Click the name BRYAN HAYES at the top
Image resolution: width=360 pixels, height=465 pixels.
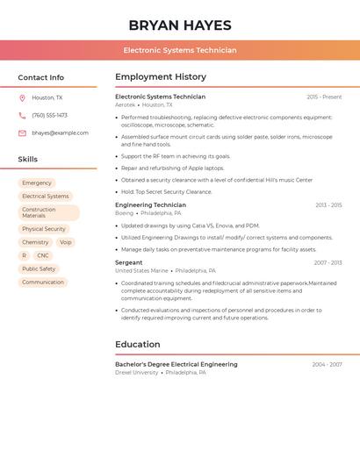(x=180, y=25)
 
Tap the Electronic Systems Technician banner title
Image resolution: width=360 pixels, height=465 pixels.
(x=180, y=50)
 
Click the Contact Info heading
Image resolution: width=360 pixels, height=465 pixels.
(x=41, y=77)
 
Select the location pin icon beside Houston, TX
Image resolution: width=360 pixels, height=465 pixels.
(x=22, y=98)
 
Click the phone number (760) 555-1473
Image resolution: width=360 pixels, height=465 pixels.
(x=49, y=116)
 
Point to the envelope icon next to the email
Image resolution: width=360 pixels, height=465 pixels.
(x=22, y=133)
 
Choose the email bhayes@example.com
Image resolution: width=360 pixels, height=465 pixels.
(x=61, y=133)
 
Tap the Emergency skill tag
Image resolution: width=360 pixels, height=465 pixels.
(x=37, y=182)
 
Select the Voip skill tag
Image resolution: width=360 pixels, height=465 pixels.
(x=66, y=242)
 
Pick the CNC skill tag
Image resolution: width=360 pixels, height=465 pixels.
(x=43, y=255)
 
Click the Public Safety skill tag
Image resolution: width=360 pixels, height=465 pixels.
(x=39, y=268)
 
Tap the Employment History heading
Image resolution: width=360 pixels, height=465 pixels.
(x=161, y=77)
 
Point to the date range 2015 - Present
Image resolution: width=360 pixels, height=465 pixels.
(x=324, y=97)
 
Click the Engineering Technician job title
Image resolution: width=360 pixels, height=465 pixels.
(x=150, y=205)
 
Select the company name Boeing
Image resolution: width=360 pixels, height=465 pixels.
(x=125, y=213)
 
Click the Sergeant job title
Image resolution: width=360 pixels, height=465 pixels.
(x=129, y=262)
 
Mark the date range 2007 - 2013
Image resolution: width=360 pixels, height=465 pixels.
(x=328, y=262)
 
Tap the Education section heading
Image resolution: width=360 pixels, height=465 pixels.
(x=138, y=344)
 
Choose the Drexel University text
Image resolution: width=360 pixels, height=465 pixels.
(x=137, y=372)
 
